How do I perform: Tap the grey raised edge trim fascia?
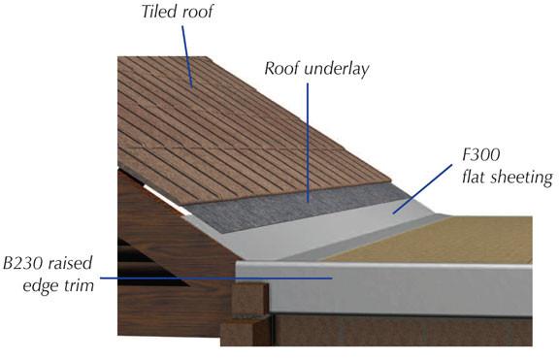point(408,291)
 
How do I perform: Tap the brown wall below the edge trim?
point(408,335)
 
